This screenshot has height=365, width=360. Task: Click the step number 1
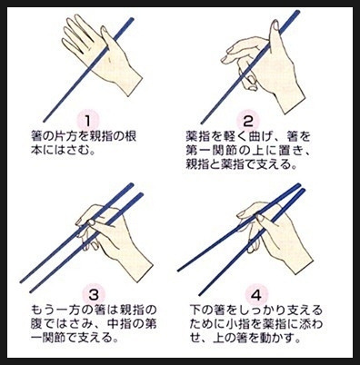(x=87, y=122)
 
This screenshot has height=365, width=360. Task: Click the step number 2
(x=248, y=122)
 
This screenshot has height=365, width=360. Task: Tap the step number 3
(x=94, y=294)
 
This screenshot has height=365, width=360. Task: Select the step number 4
(x=256, y=295)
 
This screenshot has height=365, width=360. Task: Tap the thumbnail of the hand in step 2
(x=276, y=25)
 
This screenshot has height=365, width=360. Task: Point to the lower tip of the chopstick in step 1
(x=45, y=121)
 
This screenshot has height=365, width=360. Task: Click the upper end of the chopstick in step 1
(x=132, y=19)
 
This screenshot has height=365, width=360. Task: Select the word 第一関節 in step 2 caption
(x=211, y=150)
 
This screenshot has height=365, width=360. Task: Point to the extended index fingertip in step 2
(x=225, y=59)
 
